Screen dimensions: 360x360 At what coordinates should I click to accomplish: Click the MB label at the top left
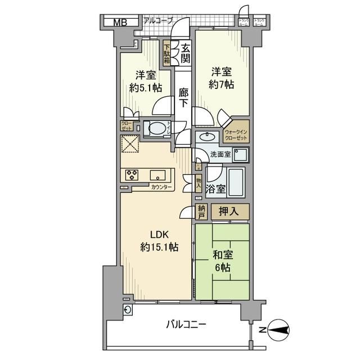(120, 22)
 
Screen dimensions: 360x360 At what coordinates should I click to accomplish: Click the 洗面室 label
(220, 154)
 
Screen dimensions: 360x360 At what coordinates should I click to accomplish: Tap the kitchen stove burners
(133, 174)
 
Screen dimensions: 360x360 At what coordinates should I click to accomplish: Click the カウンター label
(162, 187)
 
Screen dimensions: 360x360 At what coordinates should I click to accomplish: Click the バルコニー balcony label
(186, 325)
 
